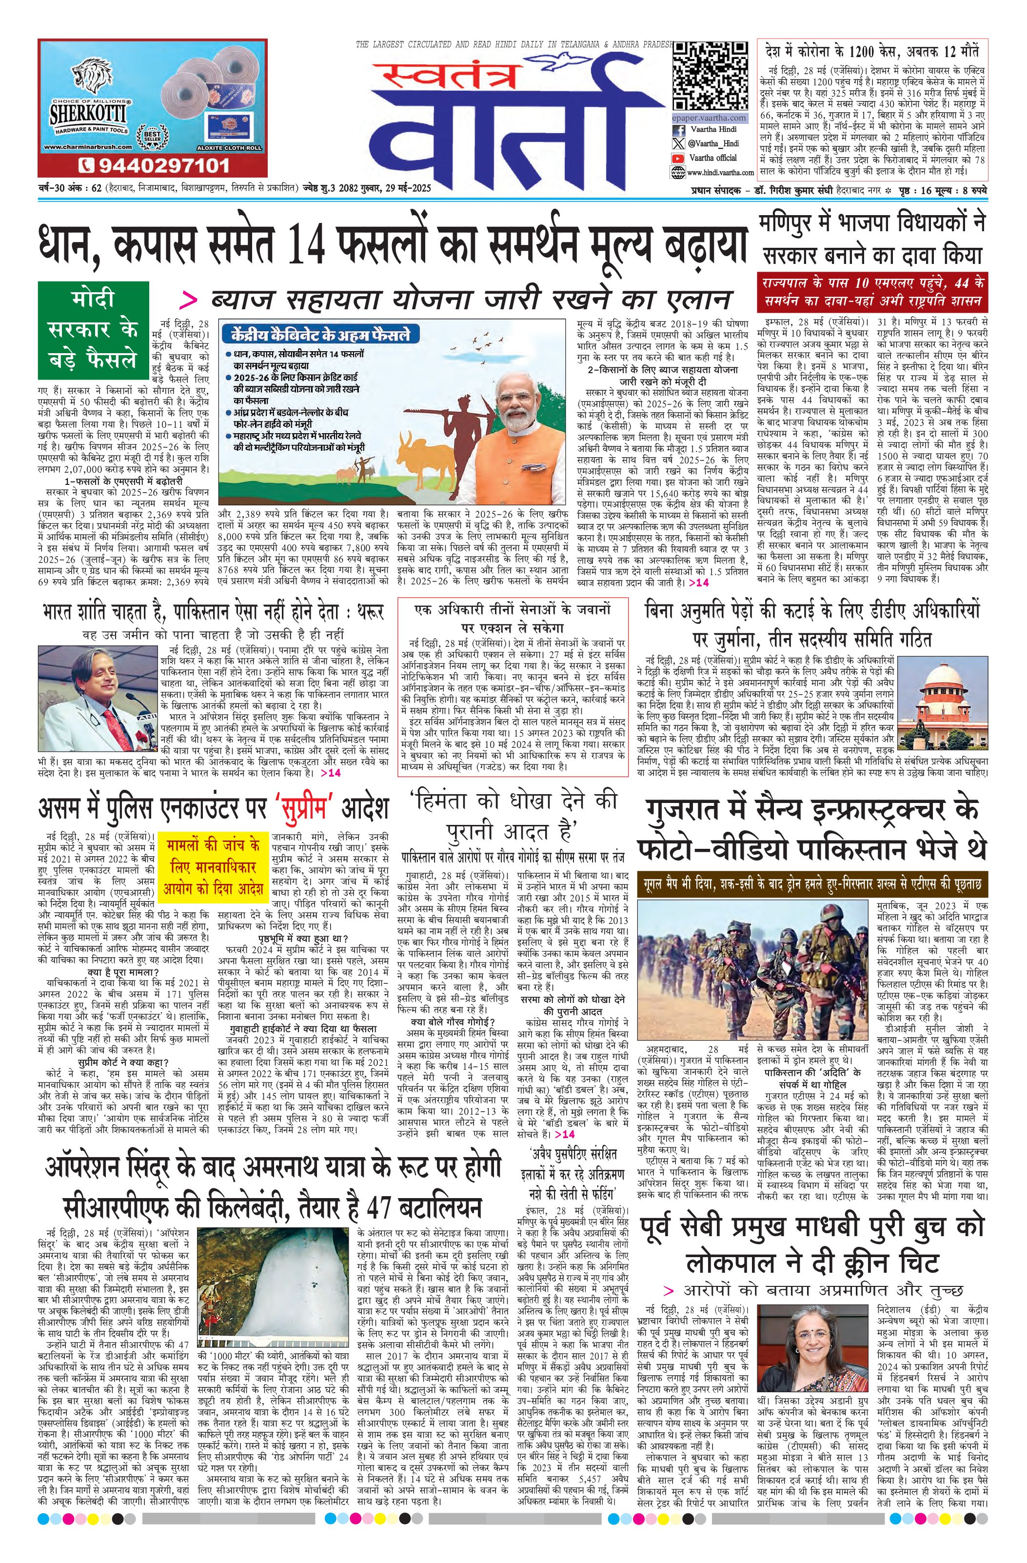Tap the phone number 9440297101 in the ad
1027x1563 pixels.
(154, 165)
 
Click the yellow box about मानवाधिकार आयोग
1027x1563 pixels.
(213, 866)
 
